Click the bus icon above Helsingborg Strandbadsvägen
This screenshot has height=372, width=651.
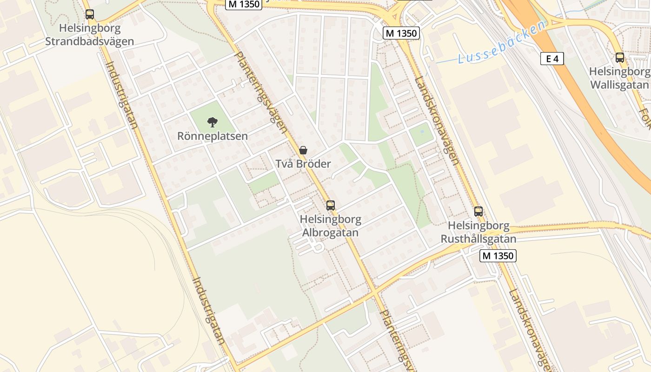tap(90, 14)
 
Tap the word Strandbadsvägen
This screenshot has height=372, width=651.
tap(89, 41)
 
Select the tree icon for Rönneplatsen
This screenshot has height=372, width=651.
tap(213, 122)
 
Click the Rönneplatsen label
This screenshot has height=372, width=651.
tap(213, 136)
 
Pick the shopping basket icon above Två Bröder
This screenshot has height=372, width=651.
tap(303, 150)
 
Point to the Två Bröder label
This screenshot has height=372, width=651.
tap(303, 164)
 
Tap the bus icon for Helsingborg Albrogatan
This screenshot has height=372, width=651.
tap(331, 205)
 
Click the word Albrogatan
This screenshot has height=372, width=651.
tap(331, 232)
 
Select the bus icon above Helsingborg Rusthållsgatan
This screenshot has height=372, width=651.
tap(478, 212)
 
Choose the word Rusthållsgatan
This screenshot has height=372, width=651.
tap(482, 239)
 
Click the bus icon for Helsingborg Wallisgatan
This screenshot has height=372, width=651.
tap(620, 58)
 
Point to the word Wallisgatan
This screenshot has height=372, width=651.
tap(619, 85)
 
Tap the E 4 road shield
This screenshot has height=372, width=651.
tap(552, 59)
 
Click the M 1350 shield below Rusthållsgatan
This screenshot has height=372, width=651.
tap(498, 256)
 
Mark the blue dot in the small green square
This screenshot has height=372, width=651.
tap(422, 132)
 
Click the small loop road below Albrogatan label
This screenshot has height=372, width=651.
tap(318, 246)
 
